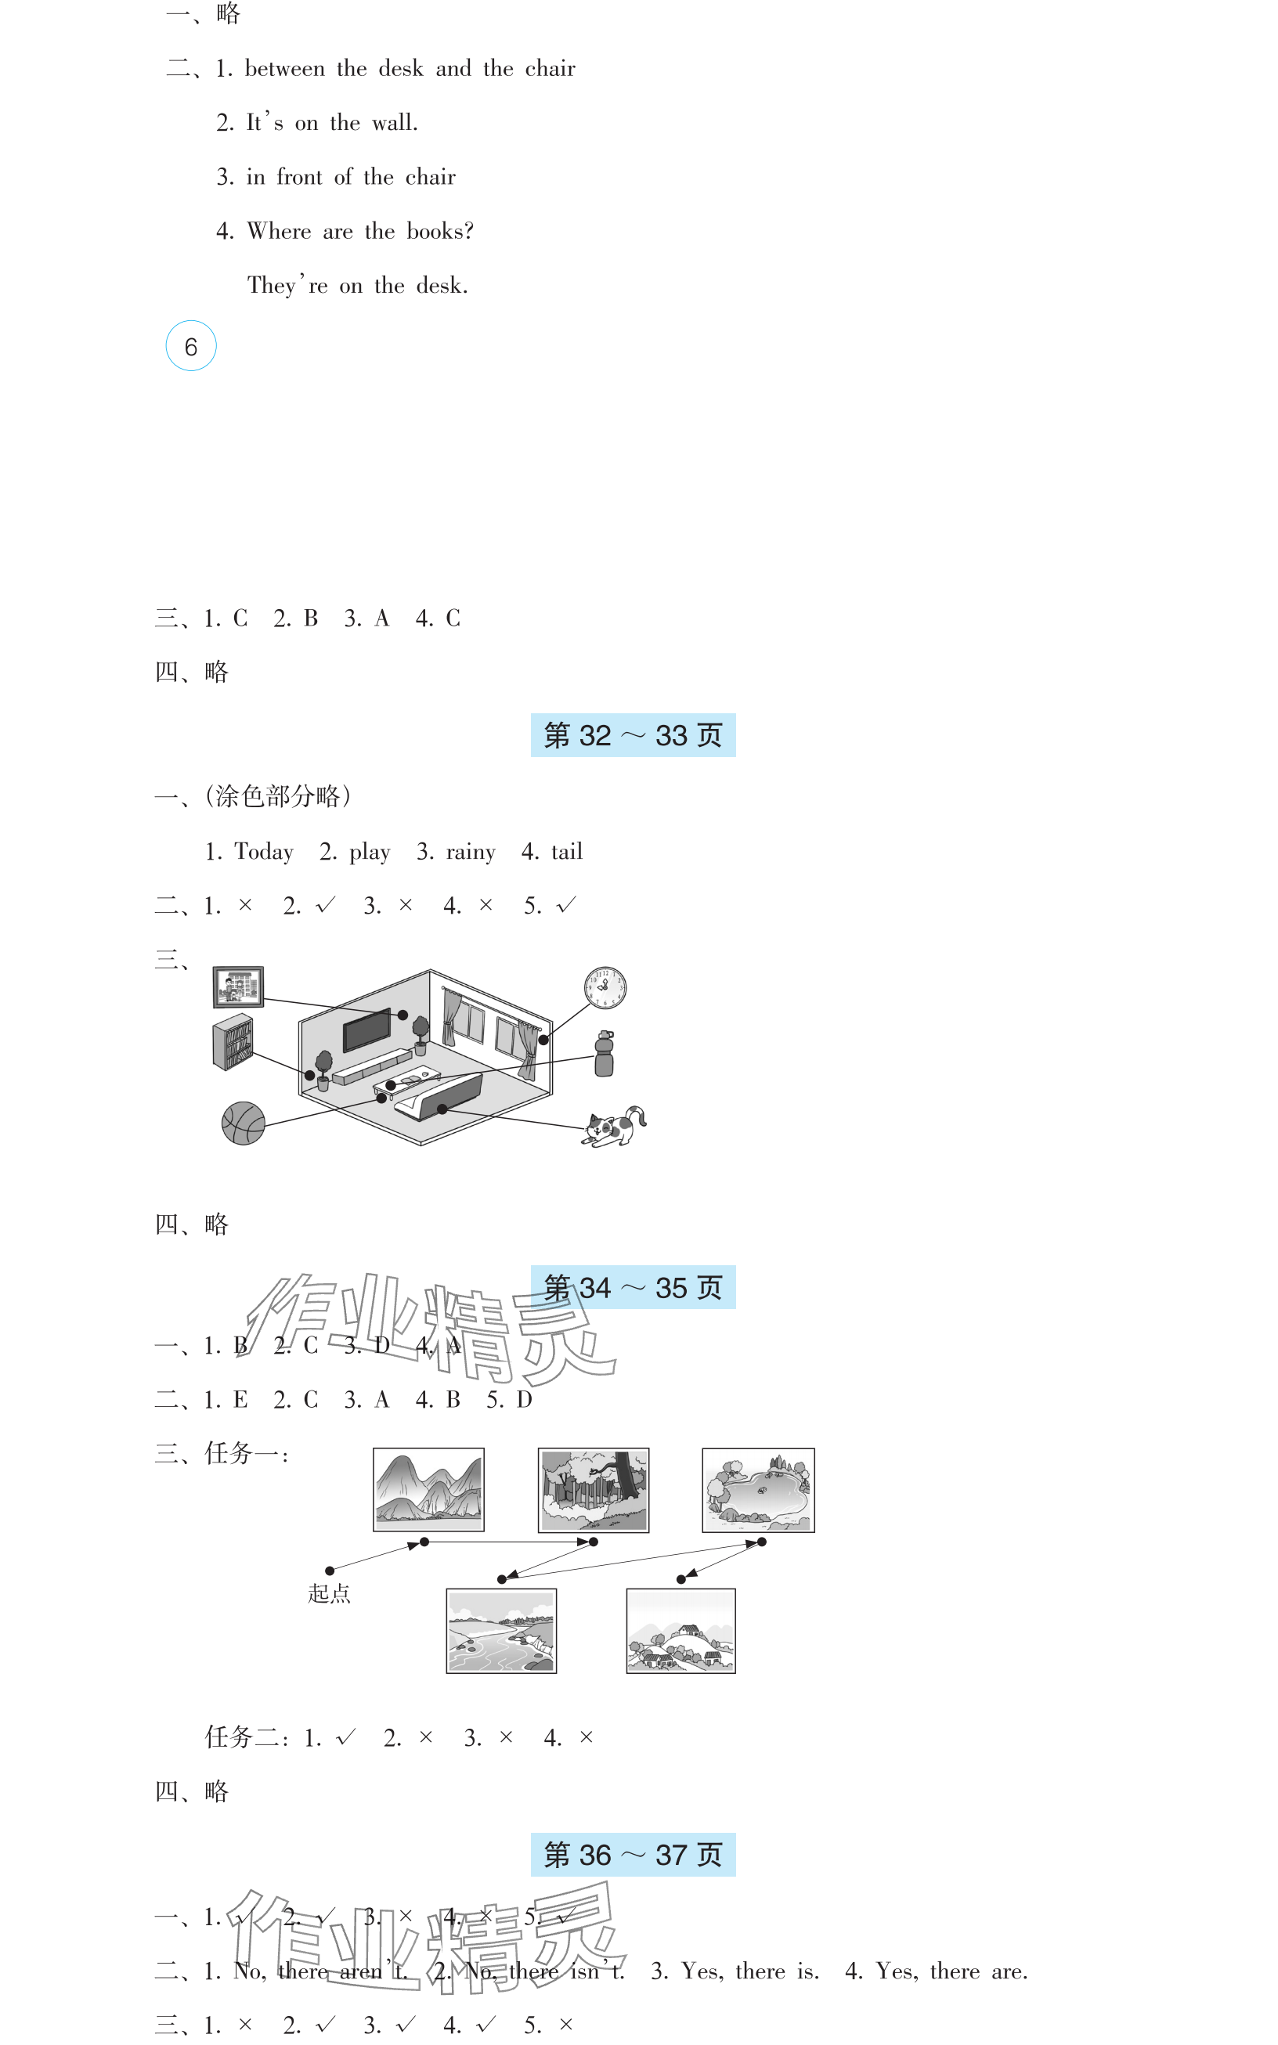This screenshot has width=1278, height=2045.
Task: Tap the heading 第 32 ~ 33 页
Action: click(x=633, y=735)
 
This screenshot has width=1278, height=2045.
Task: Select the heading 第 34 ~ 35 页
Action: click(x=633, y=1287)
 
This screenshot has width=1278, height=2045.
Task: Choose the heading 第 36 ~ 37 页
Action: click(x=633, y=1855)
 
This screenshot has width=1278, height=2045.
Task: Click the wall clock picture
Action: click(x=605, y=988)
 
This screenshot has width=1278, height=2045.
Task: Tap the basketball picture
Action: click(x=244, y=1123)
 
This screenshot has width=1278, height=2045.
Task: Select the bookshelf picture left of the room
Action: click(x=233, y=1042)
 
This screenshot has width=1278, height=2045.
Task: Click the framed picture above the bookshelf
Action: click(x=238, y=987)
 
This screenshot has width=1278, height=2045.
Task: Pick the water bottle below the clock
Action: click(x=604, y=1054)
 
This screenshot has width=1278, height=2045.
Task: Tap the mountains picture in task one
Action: click(x=428, y=1490)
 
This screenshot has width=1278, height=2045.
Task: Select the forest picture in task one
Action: click(x=594, y=1490)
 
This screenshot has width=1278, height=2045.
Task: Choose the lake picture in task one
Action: click(x=758, y=1490)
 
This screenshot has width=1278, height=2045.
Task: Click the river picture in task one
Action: click(x=501, y=1631)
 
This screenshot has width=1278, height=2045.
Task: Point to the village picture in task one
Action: click(x=681, y=1631)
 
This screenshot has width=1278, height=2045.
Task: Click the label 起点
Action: click(x=329, y=1594)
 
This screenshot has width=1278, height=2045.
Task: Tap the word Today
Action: click(x=264, y=852)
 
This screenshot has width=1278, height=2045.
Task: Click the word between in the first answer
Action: click(x=284, y=68)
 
